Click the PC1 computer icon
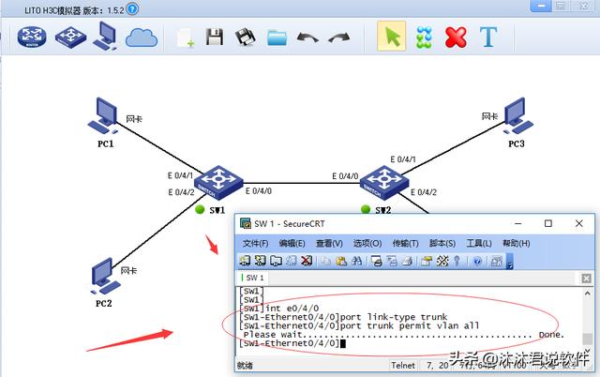click(x=104, y=115)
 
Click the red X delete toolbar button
click(x=456, y=38)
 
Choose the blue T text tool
click(x=487, y=38)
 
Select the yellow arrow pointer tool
click(x=391, y=38)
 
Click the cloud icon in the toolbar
click(x=141, y=38)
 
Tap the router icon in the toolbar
click(x=33, y=38)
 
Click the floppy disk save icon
click(x=214, y=38)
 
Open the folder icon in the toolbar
click(x=277, y=38)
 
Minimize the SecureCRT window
click(x=520, y=223)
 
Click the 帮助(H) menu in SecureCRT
click(x=516, y=243)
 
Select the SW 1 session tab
click(x=255, y=278)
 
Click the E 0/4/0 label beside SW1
click(x=259, y=190)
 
